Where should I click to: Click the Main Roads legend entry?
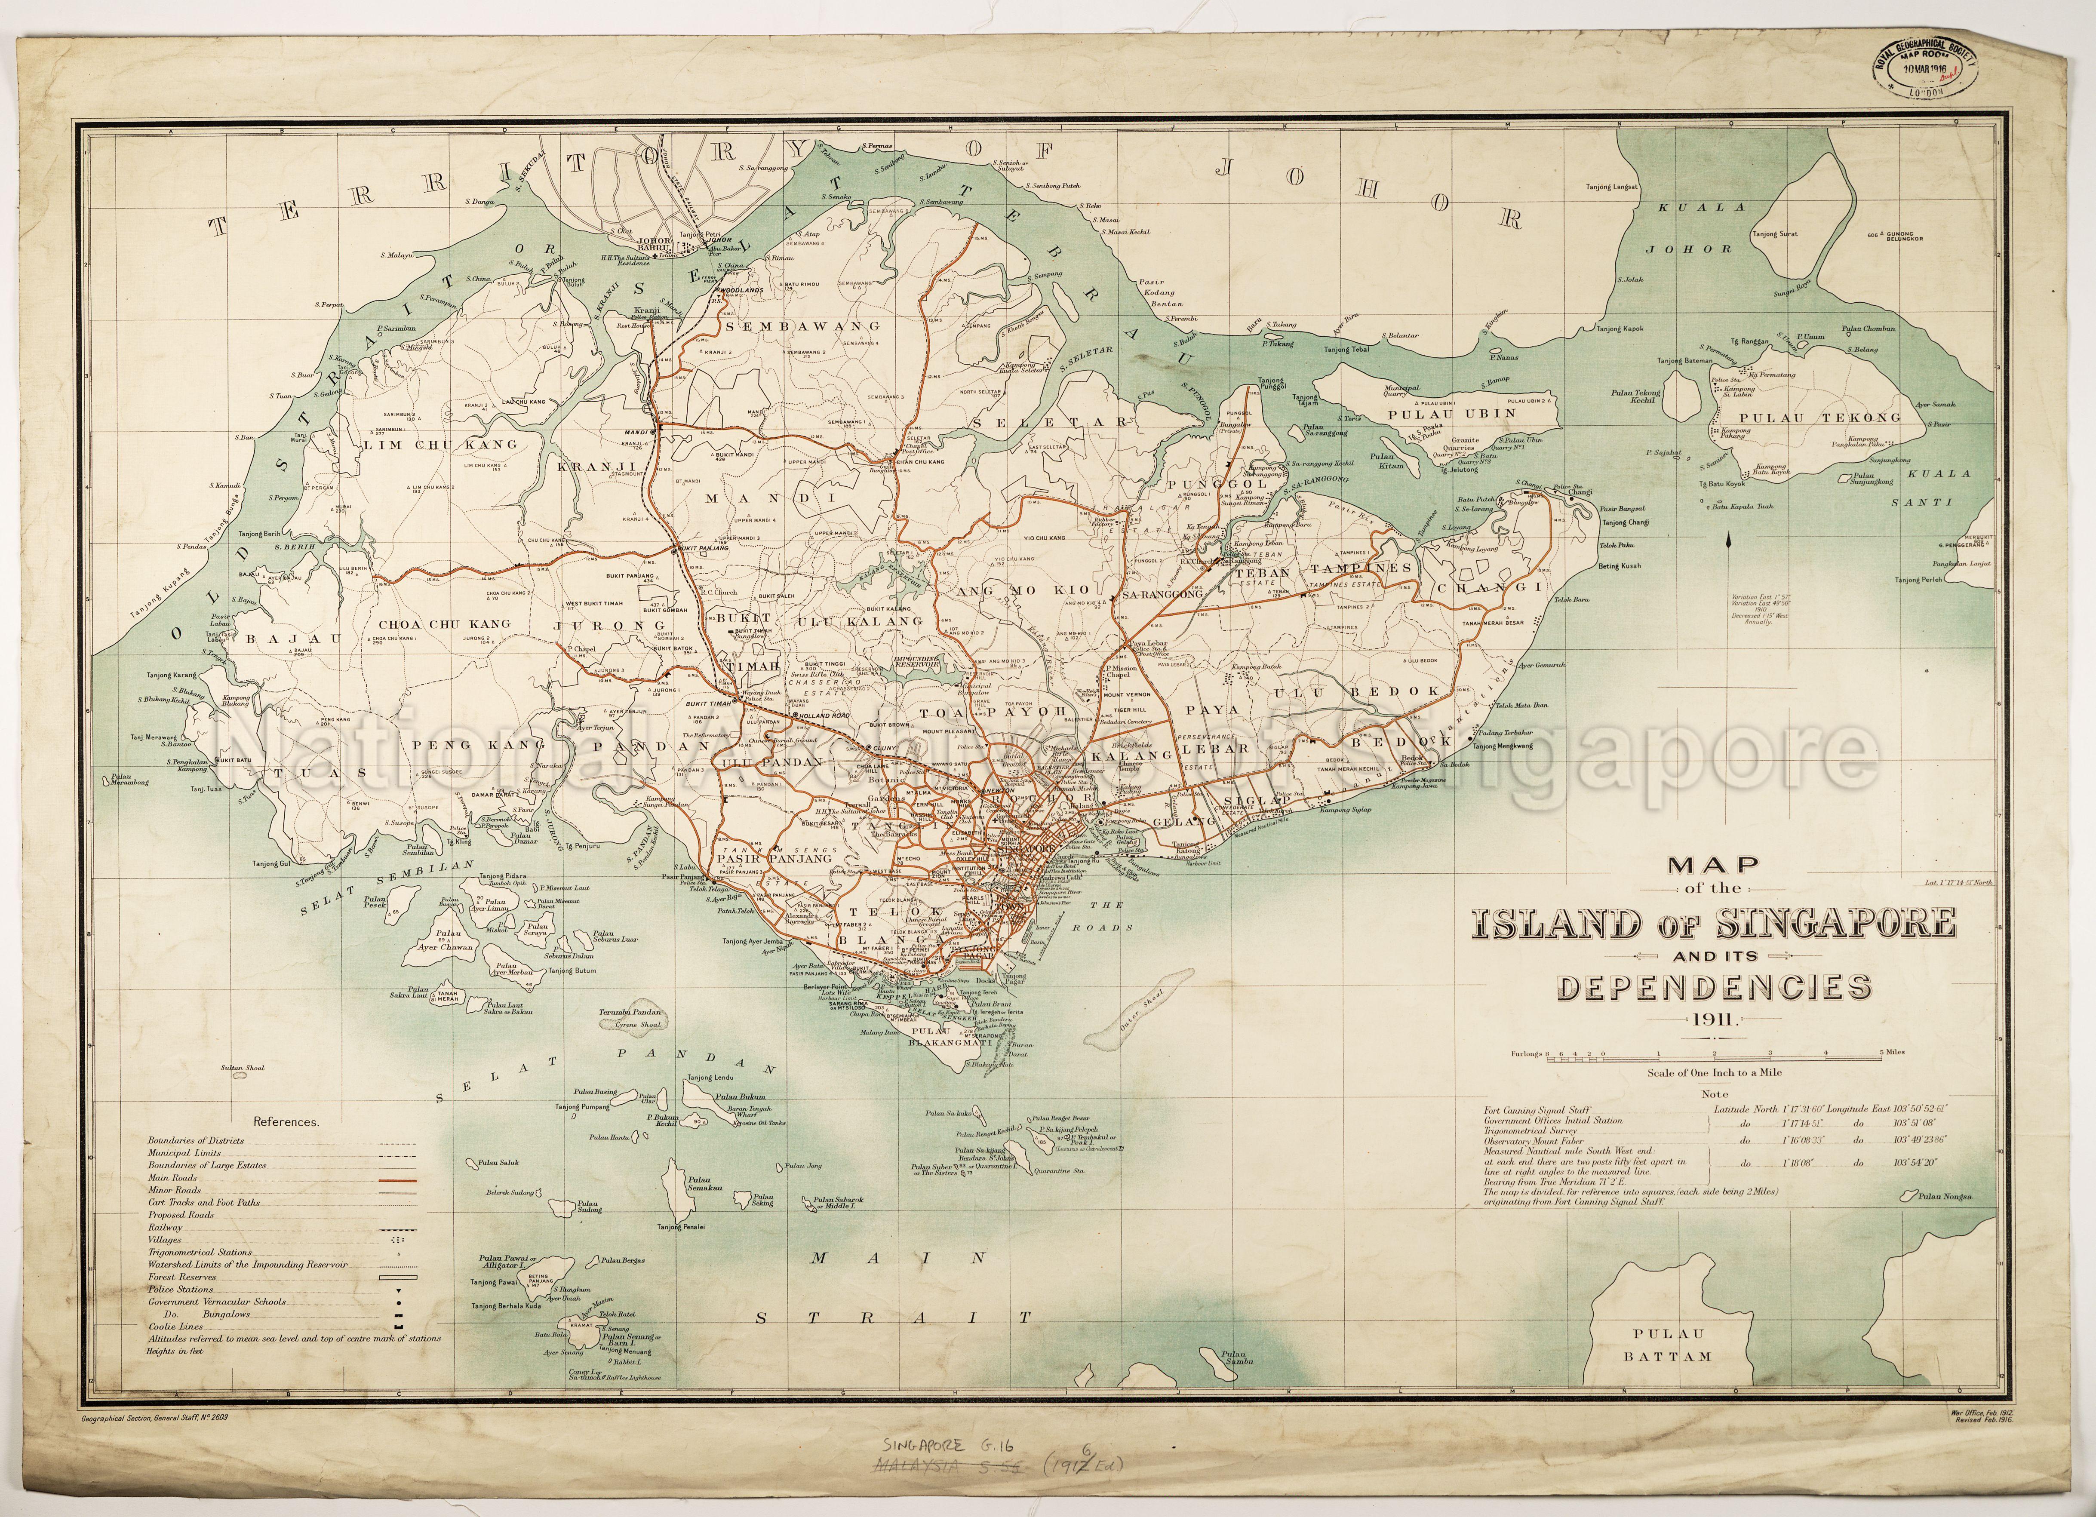(173, 1178)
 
